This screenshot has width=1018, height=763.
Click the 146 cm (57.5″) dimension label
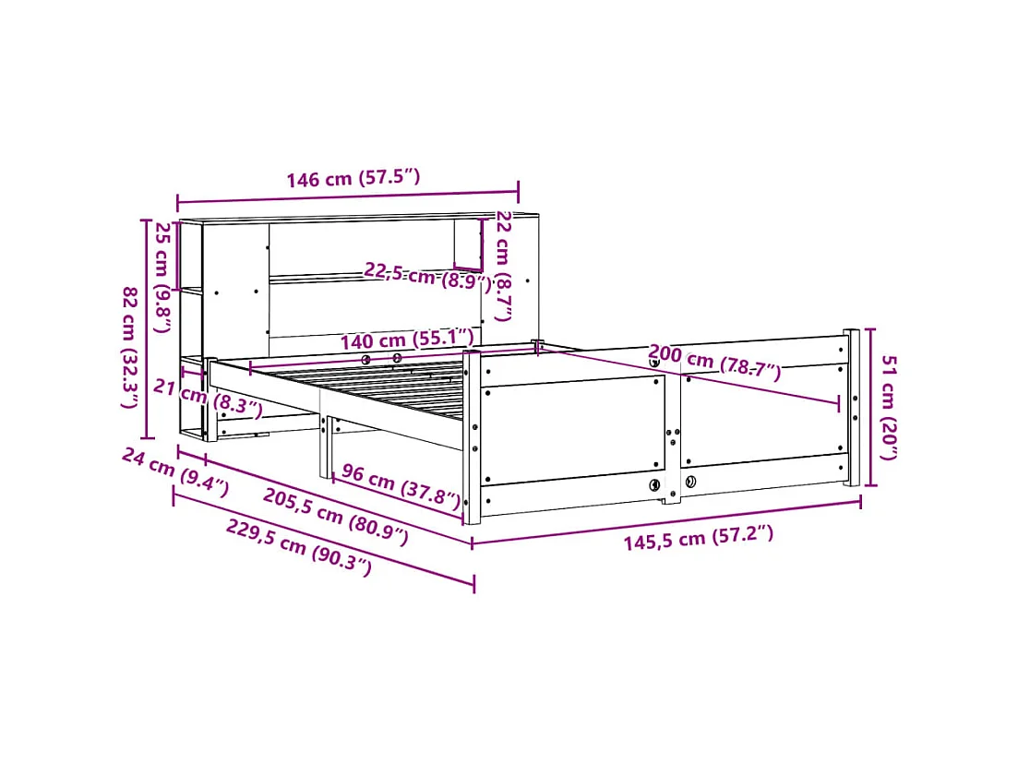click(353, 178)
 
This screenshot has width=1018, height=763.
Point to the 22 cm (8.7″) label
click(505, 266)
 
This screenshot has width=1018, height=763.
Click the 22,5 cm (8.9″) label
click(427, 276)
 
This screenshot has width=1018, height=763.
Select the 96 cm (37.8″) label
click(400, 486)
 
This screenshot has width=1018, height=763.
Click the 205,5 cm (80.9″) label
click(335, 517)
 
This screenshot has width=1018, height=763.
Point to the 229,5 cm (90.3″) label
click(298, 547)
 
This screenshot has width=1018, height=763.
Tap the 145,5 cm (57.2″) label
click(698, 538)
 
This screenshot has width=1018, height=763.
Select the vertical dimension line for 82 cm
click(145, 328)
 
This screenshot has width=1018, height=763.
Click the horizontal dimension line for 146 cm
click(347, 196)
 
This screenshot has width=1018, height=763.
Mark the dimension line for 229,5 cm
click(323, 540)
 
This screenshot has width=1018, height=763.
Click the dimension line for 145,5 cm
click(666, 522)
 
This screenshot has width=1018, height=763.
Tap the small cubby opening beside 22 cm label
click(467, 244)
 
